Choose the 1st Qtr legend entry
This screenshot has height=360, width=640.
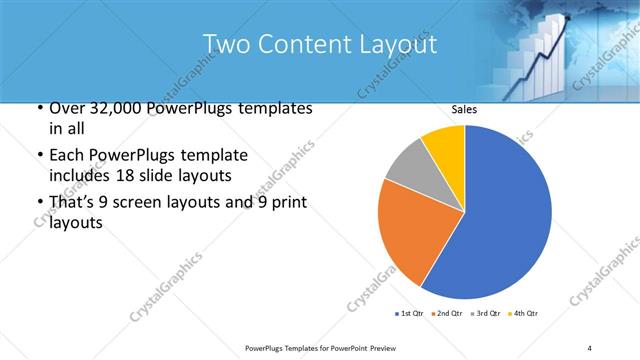coord(410,314)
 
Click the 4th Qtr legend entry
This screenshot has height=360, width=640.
coord(525,314)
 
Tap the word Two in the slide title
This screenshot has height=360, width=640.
coord(224,45)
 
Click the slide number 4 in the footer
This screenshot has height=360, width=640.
coord(590,347)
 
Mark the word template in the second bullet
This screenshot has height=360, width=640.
coord(214,156)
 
